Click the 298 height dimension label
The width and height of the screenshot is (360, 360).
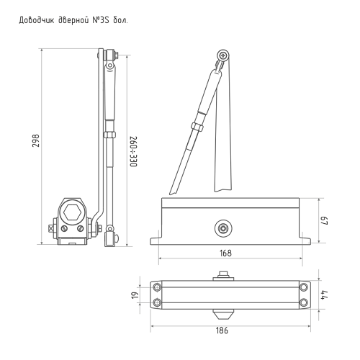coord(35,140)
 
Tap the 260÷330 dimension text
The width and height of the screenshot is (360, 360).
coord(133,152)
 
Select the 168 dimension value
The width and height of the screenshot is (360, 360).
coord(225,253)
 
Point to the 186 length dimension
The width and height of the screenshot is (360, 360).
coord(222,330)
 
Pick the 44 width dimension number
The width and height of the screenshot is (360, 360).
coord(325,294)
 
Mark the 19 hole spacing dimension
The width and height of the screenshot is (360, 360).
coord(136,294)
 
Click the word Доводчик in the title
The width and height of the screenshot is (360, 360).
coord(37,20)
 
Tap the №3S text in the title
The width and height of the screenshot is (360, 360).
coord(101,20)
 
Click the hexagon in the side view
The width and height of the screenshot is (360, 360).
coord(71,212)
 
